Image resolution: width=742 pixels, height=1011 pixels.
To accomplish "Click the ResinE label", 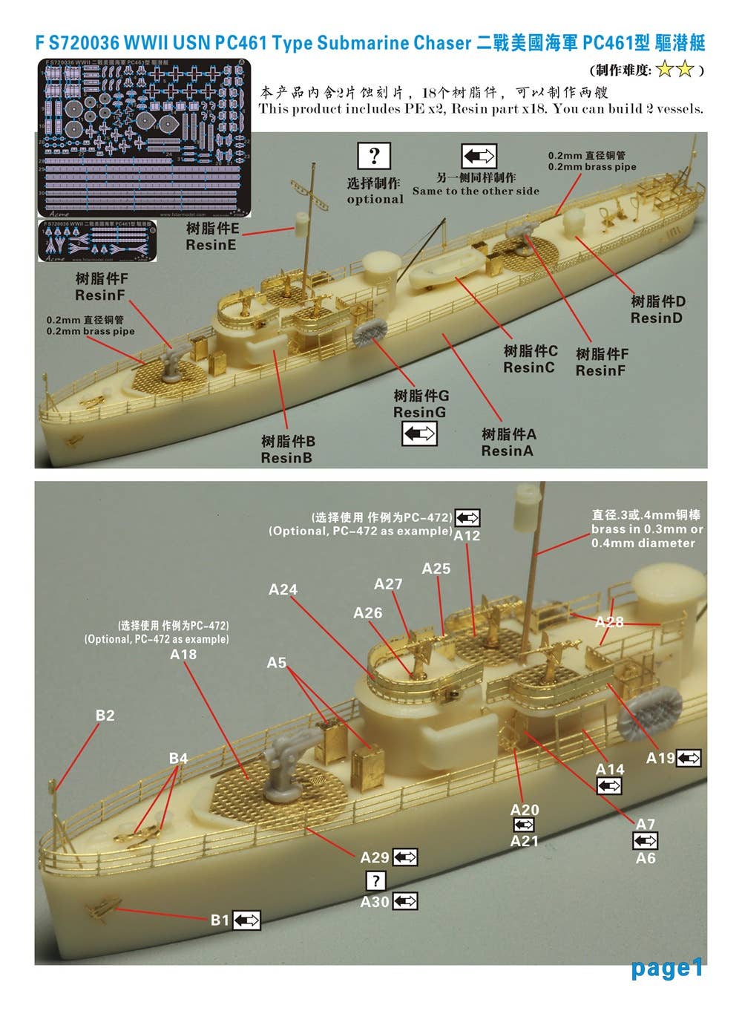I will coord(211,237).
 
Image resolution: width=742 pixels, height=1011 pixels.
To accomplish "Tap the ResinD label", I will coord(657,310).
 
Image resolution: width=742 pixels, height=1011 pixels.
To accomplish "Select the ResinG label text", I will coord(421,405).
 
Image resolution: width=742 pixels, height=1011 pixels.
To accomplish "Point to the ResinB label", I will coord(286,450).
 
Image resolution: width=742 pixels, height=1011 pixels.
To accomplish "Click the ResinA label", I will coord(508,442).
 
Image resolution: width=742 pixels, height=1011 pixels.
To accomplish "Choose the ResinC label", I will coord(530,359).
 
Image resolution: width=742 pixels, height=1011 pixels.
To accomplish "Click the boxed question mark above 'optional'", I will coord(374,156).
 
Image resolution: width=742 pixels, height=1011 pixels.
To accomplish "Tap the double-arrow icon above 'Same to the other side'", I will coord(479,156).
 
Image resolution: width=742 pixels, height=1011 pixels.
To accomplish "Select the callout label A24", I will coord(283,589).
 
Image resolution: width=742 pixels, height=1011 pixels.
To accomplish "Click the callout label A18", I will coord(183,654).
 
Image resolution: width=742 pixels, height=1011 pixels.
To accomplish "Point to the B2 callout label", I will coord(105,716).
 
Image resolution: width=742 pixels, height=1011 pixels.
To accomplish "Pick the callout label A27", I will coord(388,584).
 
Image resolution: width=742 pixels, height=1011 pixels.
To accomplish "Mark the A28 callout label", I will coord(609,622).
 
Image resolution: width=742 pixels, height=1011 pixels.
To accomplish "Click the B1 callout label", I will coord(220,920).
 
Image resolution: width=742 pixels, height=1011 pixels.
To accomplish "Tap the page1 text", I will coord(666,968).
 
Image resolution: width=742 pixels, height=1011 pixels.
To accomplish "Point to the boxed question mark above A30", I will coord(375,881).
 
